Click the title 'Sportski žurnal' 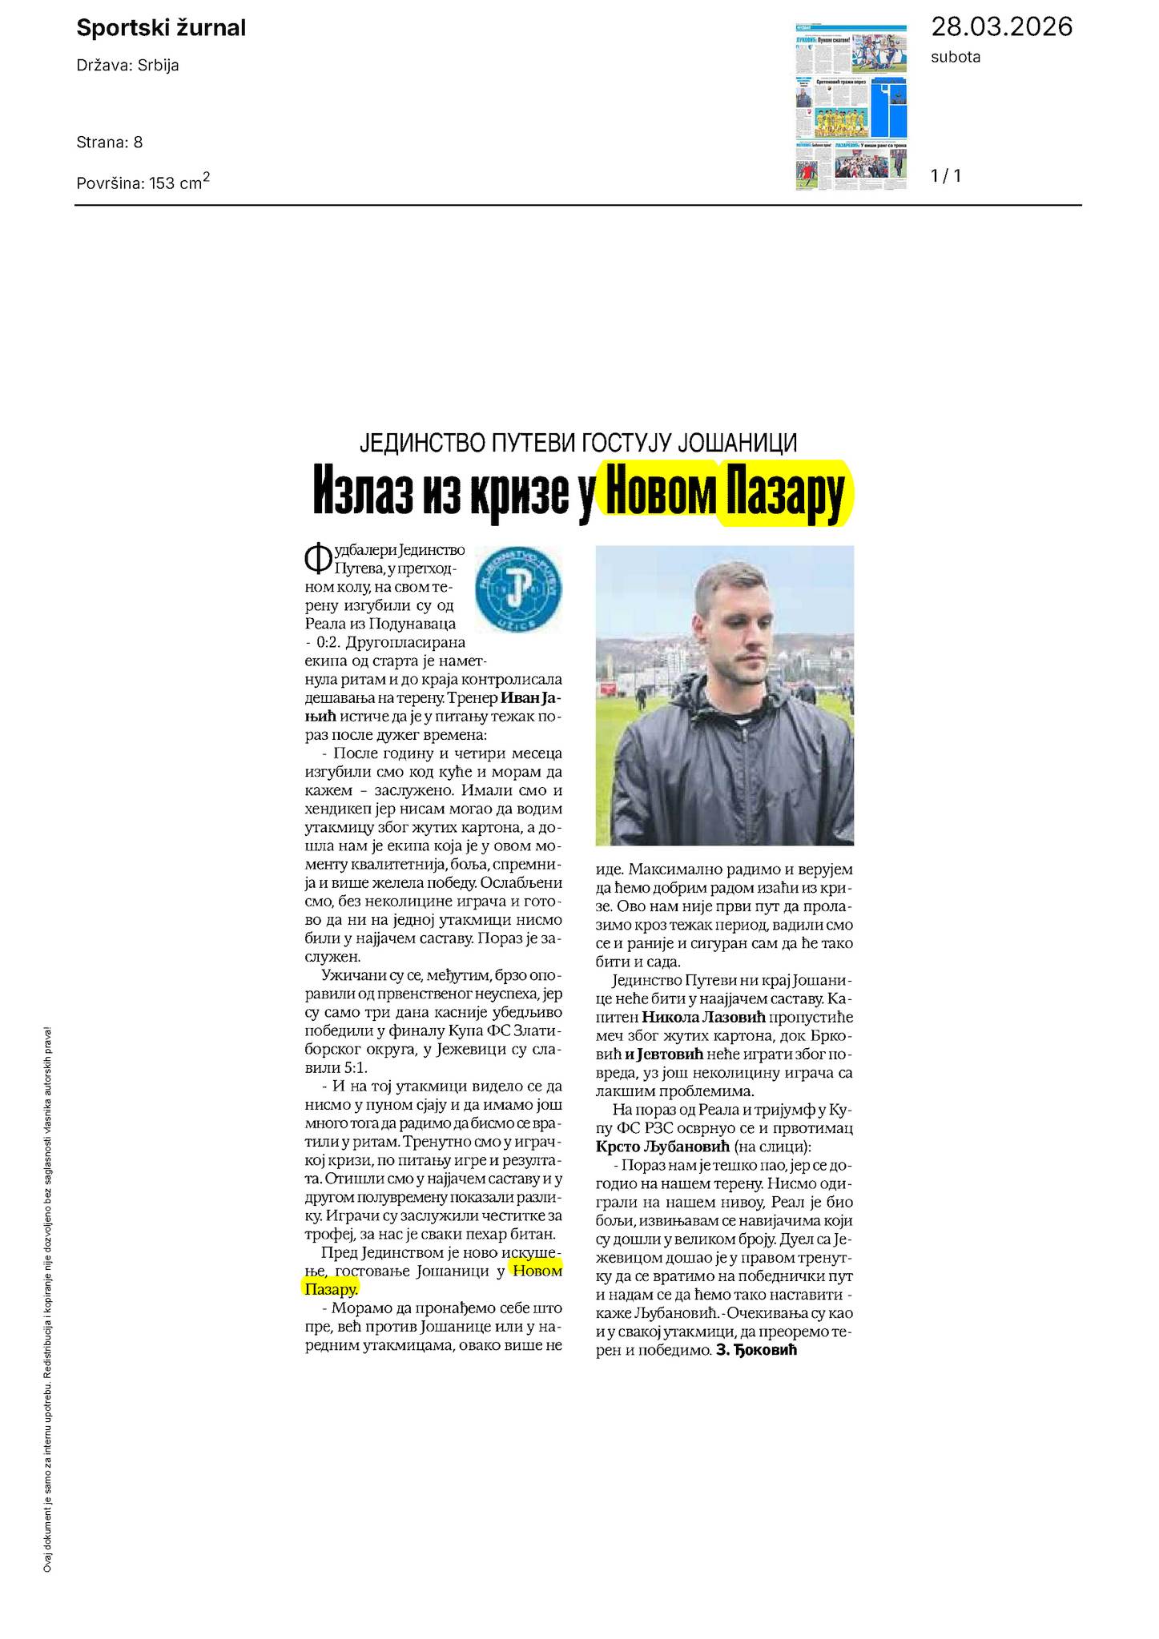tap(160, 29)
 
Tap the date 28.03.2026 tap(1000, 27)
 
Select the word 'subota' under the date tap(956, 57)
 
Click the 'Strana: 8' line tap(109, 143)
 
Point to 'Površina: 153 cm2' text tap(143, 182)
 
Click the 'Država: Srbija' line tap(127, 66)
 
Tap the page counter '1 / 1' tap(946, 175)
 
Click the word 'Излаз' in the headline tap(361, 494)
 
